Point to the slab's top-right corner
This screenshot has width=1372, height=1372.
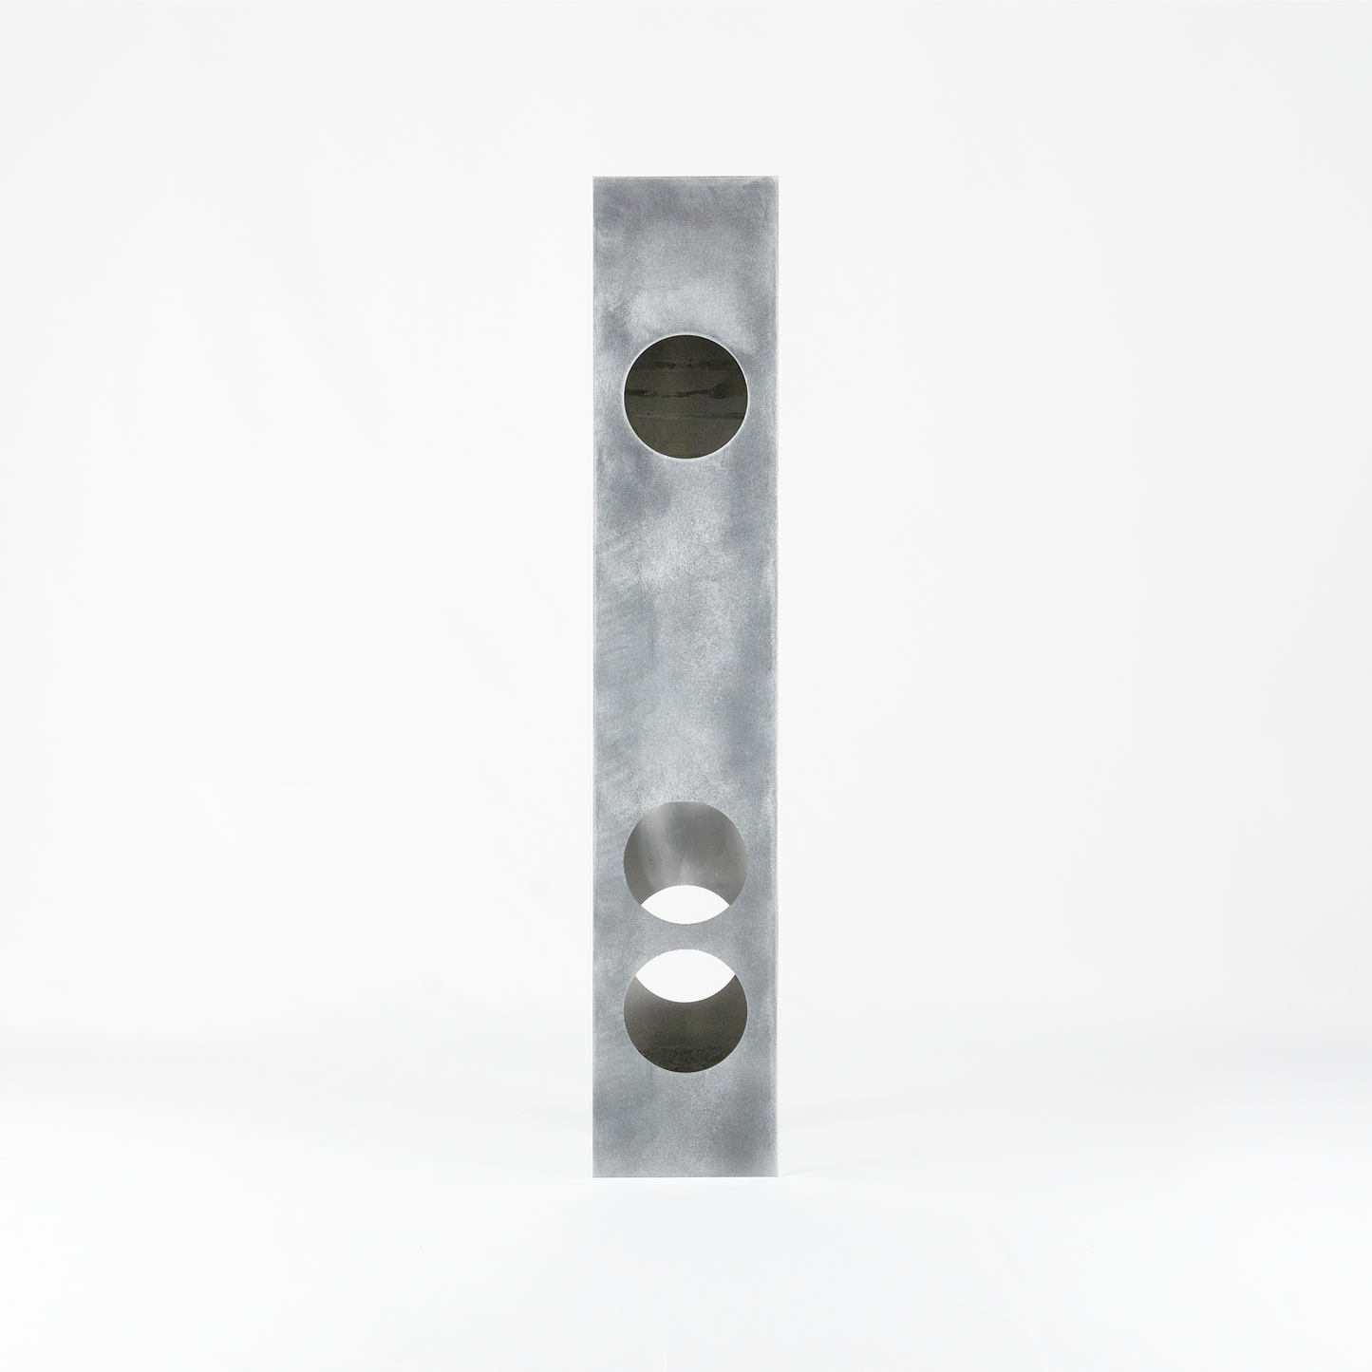tap(780, 175)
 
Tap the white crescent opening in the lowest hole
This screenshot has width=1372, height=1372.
tap(686, 968)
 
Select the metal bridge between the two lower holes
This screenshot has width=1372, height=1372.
tap(686, 935)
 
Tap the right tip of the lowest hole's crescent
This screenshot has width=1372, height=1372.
tap(737, 987)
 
